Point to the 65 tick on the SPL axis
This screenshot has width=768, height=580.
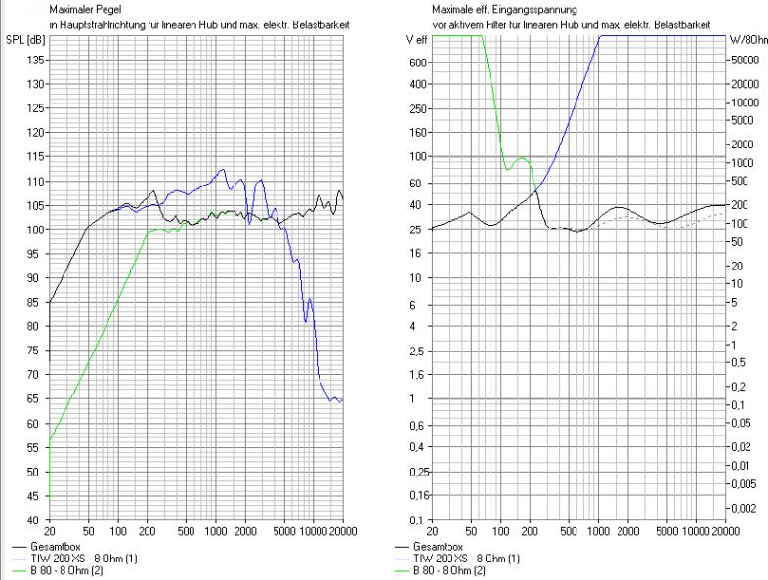[35, 398]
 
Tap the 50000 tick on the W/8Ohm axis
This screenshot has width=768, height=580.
[747, 60]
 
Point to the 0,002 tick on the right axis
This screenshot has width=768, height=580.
[747, 508]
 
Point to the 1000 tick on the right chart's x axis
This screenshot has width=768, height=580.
[599, 531]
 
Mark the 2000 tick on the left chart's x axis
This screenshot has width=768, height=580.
[245, 531]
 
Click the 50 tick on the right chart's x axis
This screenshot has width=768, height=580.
[472, 531]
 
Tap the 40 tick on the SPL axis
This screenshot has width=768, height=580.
[35, 519]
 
